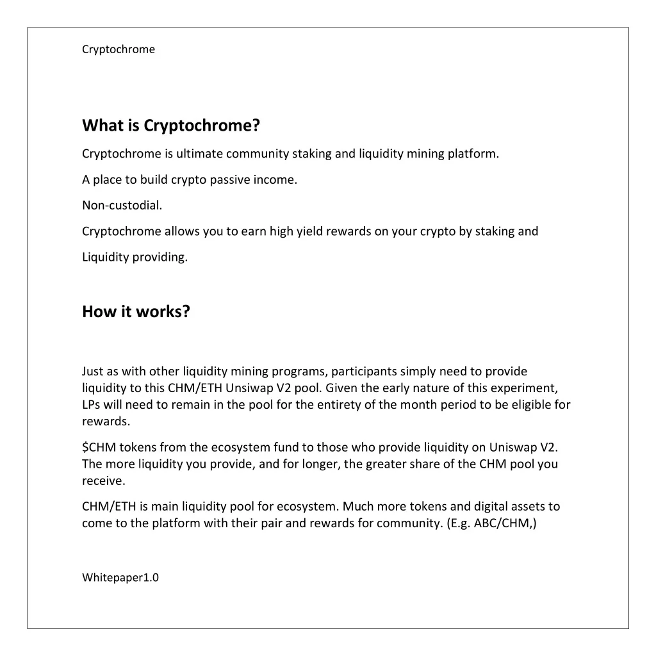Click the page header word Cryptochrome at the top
pos(119,49)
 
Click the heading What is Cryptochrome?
pos(170,126)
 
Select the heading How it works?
pos(136,312)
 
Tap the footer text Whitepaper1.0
pos(120,578)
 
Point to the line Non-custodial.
pos(117,206)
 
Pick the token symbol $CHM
pos(98,447)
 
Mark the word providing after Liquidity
pos(160,258)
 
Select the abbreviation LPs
pos(91,405)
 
